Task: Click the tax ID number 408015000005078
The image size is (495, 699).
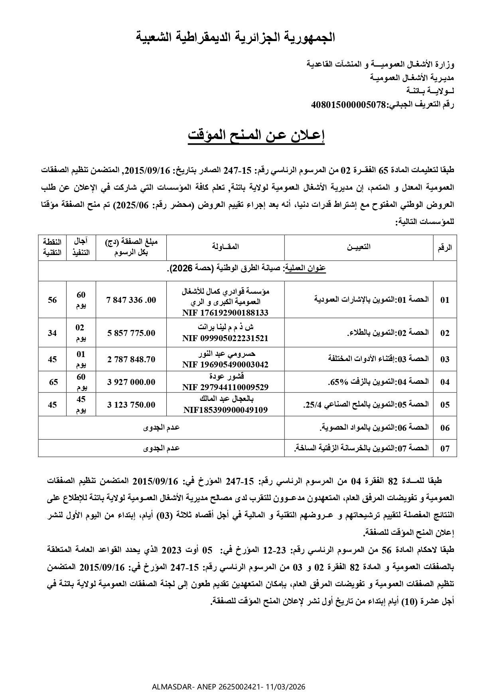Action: (x=349, y=105)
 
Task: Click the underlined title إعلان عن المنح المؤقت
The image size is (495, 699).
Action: (x=256, y=135)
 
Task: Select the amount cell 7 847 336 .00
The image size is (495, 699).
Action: (x=131, y=300)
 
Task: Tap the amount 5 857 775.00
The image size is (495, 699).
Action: (x=131, y=333)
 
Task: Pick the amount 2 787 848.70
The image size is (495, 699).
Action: (x=131, y=359)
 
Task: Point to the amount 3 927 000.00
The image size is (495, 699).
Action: (x=131, y=382)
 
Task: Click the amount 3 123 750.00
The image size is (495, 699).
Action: (x=131, y=405)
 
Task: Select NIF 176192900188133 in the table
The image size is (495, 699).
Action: (x=225, y=313)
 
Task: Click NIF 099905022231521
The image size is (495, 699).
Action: (x=225, y=338)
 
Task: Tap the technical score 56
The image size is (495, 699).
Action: (x=52, y=300)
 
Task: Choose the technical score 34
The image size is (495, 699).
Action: (x=52, y=333)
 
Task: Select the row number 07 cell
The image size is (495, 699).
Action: (x=445, y=448)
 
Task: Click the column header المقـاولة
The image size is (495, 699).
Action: (x=226, y=247)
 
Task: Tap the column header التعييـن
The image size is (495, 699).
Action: (x=359, y=247)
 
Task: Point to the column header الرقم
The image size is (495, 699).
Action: (x=445, y=247)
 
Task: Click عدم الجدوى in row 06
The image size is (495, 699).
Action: (x=162, y=428)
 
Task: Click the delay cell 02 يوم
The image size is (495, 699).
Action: (x=81, y=333)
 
